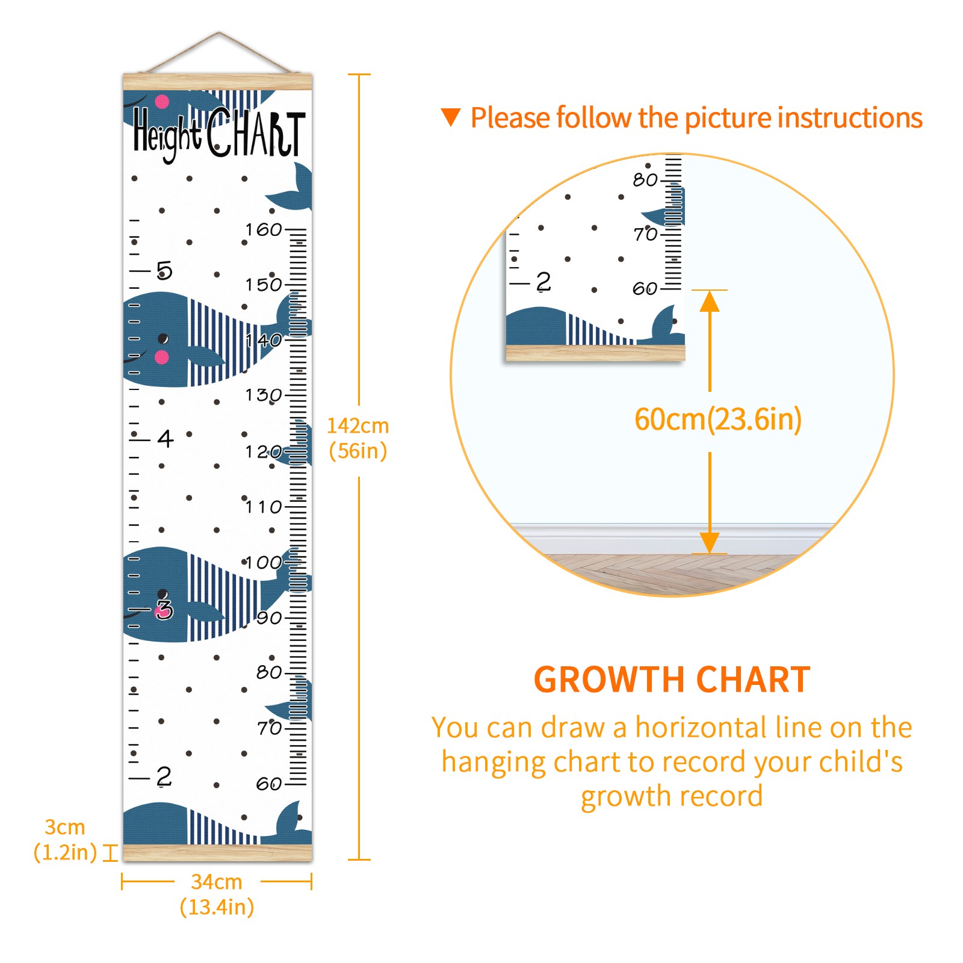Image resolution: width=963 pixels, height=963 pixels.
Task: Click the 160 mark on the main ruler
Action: pyautogui.click(x=263, y=229)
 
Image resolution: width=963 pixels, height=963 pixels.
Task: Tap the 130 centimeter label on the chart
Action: pyautogui.click(x=263, y=395)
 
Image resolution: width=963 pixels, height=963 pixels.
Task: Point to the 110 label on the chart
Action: pyautogui.click(x=263, y=507)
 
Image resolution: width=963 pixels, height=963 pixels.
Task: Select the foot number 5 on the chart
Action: pyautogui.click(x=164, y=270)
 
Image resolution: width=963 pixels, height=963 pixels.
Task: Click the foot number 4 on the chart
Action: pyautogui.click(x=166, y=438)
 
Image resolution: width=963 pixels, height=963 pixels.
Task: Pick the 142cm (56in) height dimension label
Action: pyautogui.click(x=358, y=438)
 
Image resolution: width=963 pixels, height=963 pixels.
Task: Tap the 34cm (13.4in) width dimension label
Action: pyautogui.click(x=217, y=894)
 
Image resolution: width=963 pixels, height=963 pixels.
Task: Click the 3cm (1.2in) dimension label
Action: pyautogui.click(x=65, y=840)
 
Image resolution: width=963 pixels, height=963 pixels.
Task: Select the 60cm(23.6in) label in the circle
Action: pyautogui.click(x=718, y=420)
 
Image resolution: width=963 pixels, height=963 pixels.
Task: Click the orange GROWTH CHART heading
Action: pyautogui.click(x=672, y=680)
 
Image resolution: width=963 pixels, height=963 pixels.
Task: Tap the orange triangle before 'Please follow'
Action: pyautogui.click(x=451, y=117)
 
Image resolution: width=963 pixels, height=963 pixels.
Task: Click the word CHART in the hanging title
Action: pyautogui.click(x=256, y=133)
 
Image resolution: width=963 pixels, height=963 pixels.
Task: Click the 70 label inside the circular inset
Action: pyautogui.click(x=645, y=234)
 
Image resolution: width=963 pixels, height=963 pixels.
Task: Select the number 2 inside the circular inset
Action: pyautogui.click(x=543, y=281)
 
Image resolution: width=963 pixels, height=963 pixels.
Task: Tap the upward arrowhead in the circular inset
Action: pyautogui.click(x=710, y=301)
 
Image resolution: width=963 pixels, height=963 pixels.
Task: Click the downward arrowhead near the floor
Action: pyautogui.click(x=710, y=543)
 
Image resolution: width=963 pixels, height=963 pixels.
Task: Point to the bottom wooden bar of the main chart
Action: pyautogui.click(x=217, y=853)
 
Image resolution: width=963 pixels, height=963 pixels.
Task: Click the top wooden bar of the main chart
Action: pyautogui.click(x=217, y=82)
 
